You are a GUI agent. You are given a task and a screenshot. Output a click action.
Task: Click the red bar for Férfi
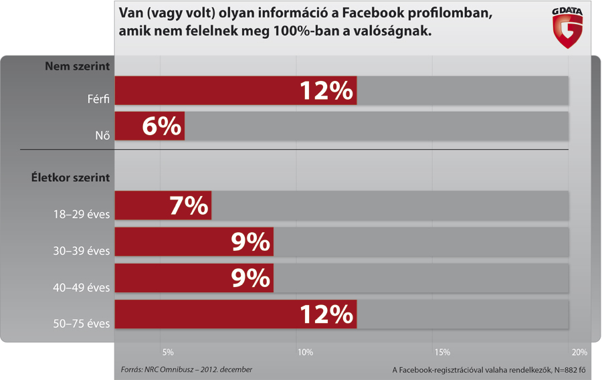(235, 91)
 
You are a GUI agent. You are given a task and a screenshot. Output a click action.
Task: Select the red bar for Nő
(150, 126)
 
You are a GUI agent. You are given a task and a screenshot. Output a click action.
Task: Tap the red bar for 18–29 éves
(163, 205)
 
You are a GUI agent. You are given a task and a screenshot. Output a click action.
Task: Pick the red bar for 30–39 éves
(194, 242)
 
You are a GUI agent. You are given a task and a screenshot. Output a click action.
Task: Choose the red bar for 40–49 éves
(194, 278)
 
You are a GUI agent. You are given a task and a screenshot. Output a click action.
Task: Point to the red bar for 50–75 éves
(235, 314)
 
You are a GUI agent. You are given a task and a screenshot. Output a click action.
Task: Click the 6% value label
(162, 126)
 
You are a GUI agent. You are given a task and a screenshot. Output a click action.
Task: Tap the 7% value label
(189, 205)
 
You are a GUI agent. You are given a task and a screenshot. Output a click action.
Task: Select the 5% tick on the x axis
(168, 353)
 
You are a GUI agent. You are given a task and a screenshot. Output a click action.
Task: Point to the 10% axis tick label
(305, 353)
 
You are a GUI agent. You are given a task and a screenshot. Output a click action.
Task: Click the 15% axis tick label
(442, 353)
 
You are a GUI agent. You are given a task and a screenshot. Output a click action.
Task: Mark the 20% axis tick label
(579, 353)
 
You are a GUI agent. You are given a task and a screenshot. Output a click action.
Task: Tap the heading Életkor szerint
(70, 178)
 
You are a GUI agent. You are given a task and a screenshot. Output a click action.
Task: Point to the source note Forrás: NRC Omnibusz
(186, 369)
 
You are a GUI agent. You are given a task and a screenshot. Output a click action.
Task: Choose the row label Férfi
(98, 100)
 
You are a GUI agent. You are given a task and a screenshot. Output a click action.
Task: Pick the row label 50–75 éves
(82, 324)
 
